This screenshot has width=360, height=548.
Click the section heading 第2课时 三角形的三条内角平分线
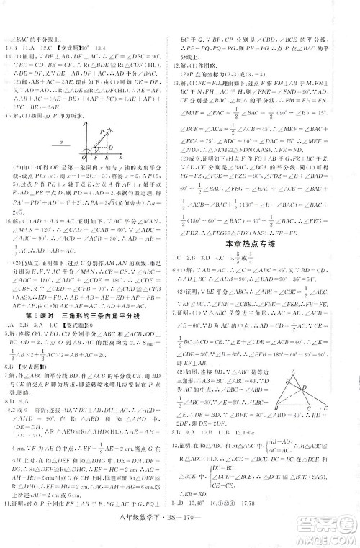[x=86, y=335]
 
